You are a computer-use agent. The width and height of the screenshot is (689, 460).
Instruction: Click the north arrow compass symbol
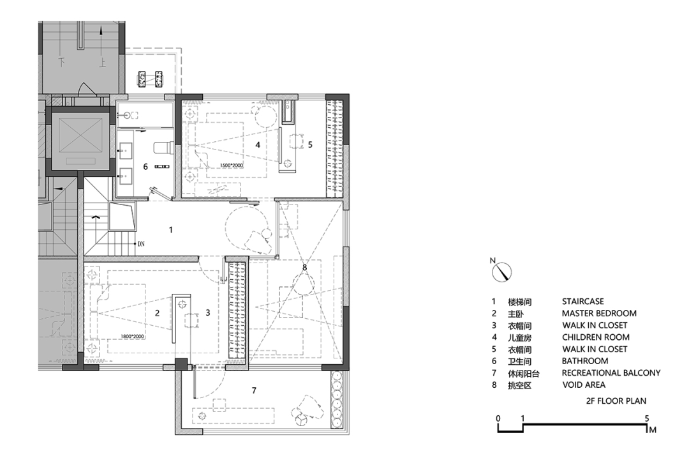tap(502, 272)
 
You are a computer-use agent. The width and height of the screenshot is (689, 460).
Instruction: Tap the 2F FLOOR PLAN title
tap(616, 401)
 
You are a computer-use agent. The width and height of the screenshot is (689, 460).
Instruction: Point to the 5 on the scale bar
tap(646, 418)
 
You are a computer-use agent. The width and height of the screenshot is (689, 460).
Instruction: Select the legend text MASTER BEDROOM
tap(599, 314)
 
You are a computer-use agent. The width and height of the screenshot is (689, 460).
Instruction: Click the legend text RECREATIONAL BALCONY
tap(611, 373)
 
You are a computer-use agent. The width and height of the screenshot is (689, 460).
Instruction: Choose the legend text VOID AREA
tap(584, 385)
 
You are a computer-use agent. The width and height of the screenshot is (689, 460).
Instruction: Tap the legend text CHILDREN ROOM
tap(595, 337)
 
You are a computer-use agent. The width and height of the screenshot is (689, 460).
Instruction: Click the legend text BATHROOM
tap(585, 361)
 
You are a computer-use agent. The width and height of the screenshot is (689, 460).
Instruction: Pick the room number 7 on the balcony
tap(254, 390)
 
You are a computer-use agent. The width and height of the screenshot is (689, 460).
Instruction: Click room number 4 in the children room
tap(258, 144)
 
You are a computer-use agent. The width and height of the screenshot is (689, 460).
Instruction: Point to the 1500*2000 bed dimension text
tap(232, 165)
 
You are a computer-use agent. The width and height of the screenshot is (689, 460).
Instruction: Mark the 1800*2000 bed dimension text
tap(132, 336)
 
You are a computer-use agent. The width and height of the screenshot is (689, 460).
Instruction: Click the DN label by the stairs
tap(141, 243)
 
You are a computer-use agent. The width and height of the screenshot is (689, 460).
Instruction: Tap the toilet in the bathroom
tap(163, 148)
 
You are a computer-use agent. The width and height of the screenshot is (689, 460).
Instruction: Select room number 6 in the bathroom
tap(145, 167)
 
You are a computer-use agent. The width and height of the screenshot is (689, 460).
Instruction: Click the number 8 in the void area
tap(304, 267)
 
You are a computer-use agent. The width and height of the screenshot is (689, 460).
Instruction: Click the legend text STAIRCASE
tap(582, 302)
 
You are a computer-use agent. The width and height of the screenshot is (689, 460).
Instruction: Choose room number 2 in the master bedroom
tap(157, 314)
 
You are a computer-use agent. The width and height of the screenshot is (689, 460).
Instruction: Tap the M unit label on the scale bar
tap(653, 429)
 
